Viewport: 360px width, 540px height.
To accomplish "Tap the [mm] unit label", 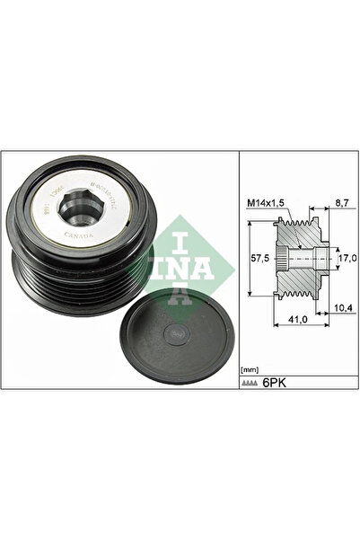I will point(250,369).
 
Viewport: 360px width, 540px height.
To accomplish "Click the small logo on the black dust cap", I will point(182,333).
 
